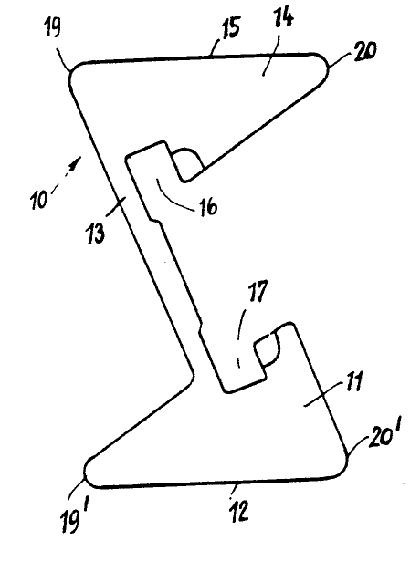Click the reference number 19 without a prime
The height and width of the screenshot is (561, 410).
pyautogui.click(x=53, y=27)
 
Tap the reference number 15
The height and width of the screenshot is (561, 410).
pyautogui.click(x=231, y=27)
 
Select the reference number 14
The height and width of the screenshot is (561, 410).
pyautogui.click(x=284, y=19)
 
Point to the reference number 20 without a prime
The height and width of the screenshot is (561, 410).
pyautogui.click(x=365, y=51)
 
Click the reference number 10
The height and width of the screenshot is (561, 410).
pyautogui.click(x=38, y=199)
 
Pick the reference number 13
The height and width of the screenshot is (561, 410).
pyautogui.click(x=96, y=234)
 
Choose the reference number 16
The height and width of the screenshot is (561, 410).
pyautogui.click(x=208, y=206)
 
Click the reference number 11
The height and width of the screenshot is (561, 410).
pyautogui.click(x=353, y=381)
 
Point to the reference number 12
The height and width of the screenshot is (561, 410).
pyautogui.click(x=239, y=510)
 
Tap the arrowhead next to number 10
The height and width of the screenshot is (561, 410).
pyautogui.click(x=76, y=163)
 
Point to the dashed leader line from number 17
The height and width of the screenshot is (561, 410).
pyautogui.click(x=241, y=336)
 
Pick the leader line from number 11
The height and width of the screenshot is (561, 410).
pyautogui.click(x=322, y=394)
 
